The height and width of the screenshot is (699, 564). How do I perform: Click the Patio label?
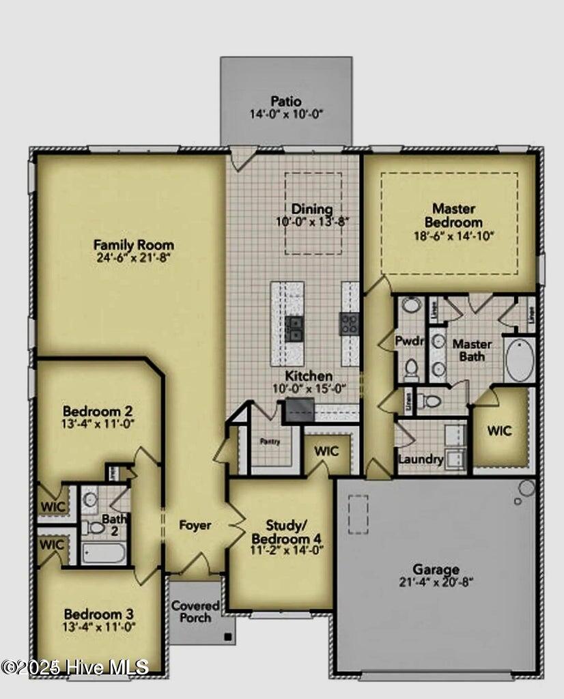tap(285, 102)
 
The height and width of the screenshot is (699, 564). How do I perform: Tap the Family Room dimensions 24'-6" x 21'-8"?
tap(134, 258)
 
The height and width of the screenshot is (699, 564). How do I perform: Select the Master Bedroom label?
tap(453, 215)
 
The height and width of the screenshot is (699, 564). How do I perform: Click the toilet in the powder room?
tap(411, 369)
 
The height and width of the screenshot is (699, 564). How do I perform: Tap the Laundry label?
tap(421, 459)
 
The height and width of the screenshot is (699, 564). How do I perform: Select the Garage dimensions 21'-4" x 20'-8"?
tap(436, 582)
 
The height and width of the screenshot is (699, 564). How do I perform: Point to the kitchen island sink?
tap(294, 328)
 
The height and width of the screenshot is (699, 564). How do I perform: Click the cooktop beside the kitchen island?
tap(350, 324)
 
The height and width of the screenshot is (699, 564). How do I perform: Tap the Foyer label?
tap(195, 525)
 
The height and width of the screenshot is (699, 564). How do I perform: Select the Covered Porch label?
tap(195, 612)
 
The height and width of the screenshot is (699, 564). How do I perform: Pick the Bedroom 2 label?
tap(98, 412)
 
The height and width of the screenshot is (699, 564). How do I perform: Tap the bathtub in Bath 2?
tap(104, 553)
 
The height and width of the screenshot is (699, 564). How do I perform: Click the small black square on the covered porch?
tap(228, 637)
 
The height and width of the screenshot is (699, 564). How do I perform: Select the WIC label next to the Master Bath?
tap(499, 431)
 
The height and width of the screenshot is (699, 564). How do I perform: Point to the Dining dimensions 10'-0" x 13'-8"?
tap(312, 221)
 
